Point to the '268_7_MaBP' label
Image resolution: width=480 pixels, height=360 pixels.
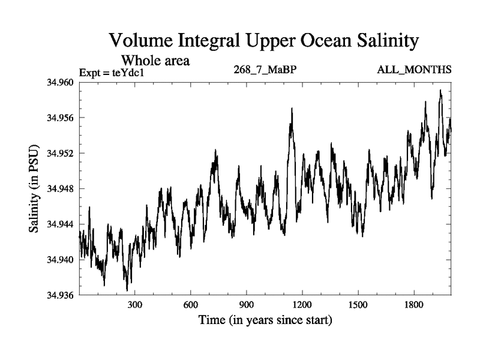pos(265,70)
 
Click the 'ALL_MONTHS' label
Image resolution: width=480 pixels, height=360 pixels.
pos(414,70)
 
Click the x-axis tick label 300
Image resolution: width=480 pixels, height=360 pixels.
pos(135,305)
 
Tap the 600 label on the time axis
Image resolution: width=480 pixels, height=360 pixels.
pos(191,305)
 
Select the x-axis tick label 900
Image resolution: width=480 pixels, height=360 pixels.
pos(247,305)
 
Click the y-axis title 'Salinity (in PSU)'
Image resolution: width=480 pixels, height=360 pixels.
pos(35,189)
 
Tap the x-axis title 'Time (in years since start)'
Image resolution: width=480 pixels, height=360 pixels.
pos(265,320)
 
